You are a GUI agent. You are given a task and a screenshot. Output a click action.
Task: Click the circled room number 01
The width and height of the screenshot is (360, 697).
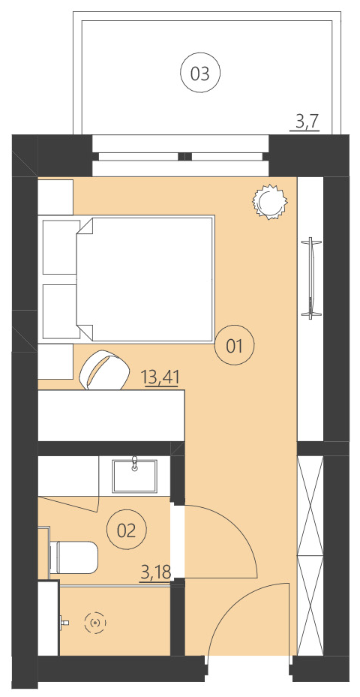pos(235,346)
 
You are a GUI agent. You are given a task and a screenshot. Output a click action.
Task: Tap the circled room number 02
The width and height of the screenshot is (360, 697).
pos(126,530)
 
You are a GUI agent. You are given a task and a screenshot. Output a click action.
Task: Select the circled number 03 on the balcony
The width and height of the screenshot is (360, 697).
pos(199,74)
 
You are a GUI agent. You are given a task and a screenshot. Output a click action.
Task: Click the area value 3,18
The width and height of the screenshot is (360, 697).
pos(155,573)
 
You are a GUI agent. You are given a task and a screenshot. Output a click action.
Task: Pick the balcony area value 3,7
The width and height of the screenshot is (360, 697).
pos(307,122)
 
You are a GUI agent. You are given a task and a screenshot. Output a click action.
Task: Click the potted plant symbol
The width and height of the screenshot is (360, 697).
pos(269,201)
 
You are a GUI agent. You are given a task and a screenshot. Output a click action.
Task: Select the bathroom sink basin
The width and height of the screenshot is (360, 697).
pos(135,475)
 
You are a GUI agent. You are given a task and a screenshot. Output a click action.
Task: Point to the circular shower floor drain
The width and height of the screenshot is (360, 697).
pos(95,623)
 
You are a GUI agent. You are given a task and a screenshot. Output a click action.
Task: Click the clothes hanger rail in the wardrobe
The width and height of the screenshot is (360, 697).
pos(308,278)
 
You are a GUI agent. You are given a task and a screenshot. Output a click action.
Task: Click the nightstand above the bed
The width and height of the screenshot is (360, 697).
pos(55,197)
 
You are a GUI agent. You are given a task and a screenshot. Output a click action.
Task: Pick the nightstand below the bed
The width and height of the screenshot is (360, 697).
pos(55,362)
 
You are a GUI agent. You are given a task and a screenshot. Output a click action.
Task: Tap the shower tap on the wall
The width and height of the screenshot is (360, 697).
pos(64,623)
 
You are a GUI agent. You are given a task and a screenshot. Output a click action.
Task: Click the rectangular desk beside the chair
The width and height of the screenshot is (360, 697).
pos(111,416)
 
